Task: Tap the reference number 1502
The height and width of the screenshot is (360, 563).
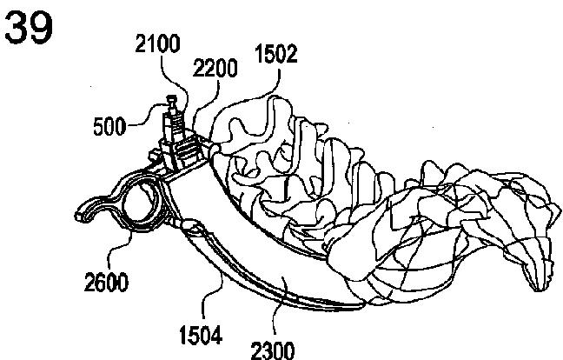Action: click(x=277, y=56)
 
